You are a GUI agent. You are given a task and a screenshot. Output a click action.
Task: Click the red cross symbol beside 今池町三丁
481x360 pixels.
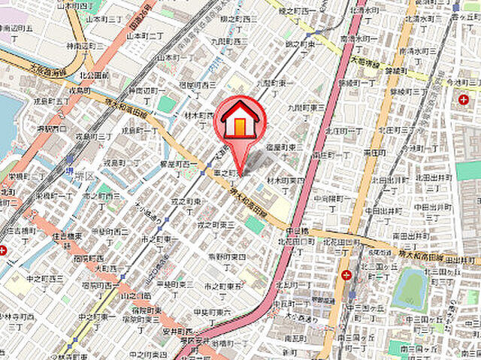point(462,99)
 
